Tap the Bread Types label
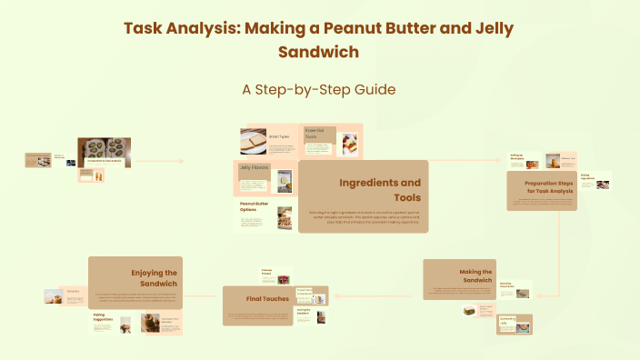tap(279, 136)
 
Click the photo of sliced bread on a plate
tap(253, 141)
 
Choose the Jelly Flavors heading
tap(255, 167)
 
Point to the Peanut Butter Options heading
tap(254, 207)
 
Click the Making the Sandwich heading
tap(475, 276)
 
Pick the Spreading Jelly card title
tap(506, 321)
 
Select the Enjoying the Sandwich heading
tap(154, 277)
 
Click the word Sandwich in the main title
tap(319, 52)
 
